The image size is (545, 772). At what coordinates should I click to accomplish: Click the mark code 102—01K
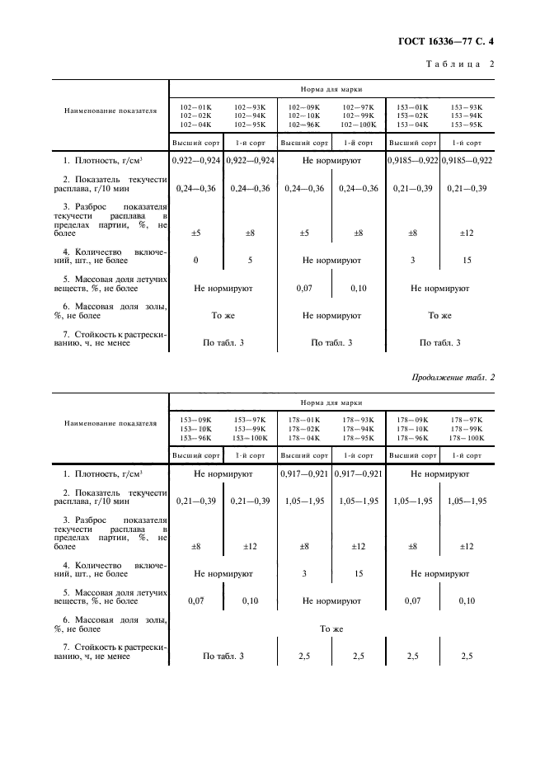click(195, 106)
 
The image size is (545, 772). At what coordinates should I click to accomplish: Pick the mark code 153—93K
click(467, 106)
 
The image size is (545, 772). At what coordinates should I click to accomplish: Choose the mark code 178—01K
click(304, 420)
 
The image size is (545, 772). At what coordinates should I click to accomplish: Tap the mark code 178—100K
click(467, 438)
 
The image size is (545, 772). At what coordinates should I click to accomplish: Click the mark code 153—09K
click(195, 420)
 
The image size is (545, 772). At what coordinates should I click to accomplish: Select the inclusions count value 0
click(196, 261)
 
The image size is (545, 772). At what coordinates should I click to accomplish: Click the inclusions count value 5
click(250, 261)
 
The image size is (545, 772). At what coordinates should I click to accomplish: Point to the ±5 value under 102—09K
click(303, 233)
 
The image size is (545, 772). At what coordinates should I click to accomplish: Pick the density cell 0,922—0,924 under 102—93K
click(250, 160)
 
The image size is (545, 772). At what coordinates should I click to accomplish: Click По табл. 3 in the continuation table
click(223, 657)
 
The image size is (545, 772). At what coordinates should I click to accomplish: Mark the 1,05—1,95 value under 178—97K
click(467, 501)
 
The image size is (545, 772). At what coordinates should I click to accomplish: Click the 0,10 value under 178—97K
click(467, 601)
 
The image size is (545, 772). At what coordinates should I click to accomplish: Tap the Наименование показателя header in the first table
click(111, 111)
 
